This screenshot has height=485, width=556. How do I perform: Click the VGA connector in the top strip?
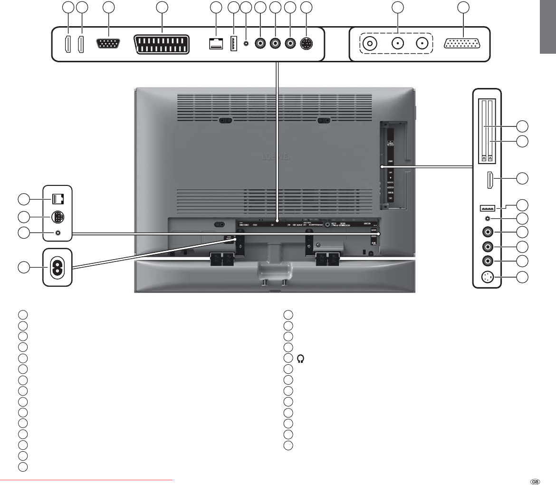(109, 44)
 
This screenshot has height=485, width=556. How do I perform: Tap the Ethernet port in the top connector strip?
(216, 43)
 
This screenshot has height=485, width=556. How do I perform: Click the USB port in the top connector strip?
(233, 44)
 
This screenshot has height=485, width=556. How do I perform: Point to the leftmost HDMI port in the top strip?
(68, 44)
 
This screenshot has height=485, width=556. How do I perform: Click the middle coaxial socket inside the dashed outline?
(396, 44)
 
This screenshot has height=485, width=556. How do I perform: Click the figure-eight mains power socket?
(58, 268)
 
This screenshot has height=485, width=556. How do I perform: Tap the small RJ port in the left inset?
(58, 199)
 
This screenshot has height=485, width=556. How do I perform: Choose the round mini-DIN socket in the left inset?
(58, 218)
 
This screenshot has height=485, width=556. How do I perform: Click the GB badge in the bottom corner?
(535, 480)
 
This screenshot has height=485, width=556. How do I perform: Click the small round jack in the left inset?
(58, 233)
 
